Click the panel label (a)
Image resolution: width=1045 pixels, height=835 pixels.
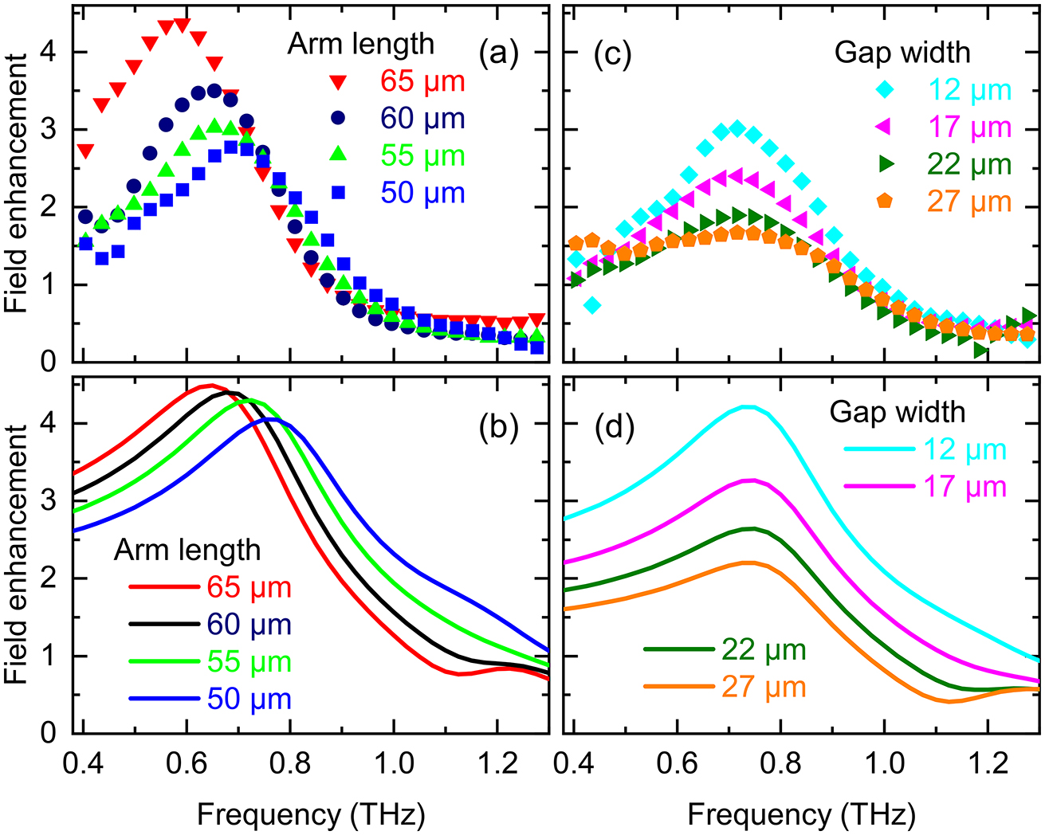click(x=498, y=54)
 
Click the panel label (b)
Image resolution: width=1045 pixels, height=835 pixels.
click(x=498, y=428)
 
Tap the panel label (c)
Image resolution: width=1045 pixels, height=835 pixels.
click(x=612, y=54)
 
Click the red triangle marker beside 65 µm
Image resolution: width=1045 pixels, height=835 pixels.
click(x=339, y=82)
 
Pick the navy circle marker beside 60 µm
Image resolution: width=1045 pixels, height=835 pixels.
click(x=339, y=118)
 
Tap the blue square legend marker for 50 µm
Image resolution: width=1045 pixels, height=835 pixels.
click(x=339, y=192)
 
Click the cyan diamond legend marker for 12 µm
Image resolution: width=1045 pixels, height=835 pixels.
click(x=885, y=90)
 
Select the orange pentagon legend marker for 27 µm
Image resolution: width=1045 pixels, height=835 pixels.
click(x=885, y=202)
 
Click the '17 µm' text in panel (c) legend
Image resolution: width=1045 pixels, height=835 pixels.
click(x=969, y=127)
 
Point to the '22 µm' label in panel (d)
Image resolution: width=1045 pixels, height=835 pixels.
click(x=764, y=650)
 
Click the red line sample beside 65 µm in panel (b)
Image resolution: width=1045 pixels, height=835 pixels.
click(x=163, y=587)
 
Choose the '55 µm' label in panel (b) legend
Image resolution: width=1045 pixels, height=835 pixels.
click(x=249, y=662)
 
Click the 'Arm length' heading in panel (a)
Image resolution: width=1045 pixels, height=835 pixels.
click(x=360, y=44)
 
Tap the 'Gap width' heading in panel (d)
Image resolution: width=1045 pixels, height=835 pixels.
click(x=897, y=412)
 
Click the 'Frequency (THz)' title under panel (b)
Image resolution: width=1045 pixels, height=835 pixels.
click(x=311, y=814)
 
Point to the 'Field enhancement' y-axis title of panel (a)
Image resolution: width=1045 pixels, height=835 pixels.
click(x=18, y=183)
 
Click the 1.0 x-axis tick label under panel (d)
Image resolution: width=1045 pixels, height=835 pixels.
click(x=885, y=763)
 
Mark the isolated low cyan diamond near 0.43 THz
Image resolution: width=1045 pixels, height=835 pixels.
click(x=591, y=305)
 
